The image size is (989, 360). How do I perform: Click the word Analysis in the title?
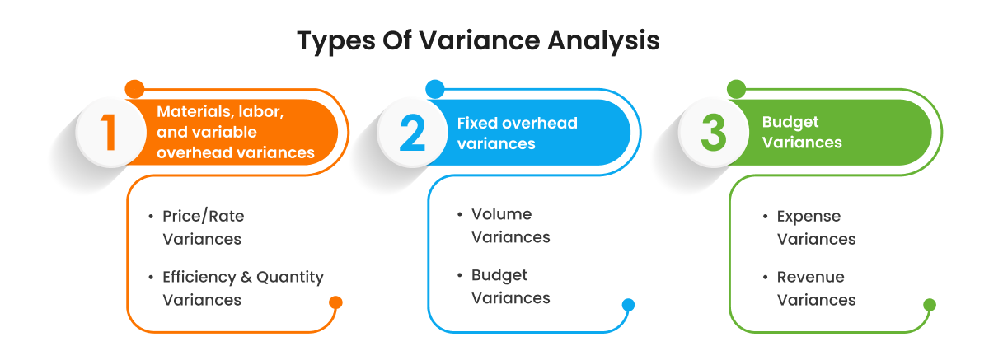(x=603, y=41)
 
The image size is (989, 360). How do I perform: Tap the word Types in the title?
(x=336, y=41)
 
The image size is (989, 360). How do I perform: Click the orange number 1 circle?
(x=110, y=133)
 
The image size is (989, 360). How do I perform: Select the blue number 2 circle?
(x=412, y=133)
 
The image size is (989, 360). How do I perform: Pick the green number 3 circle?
(x=714, y=133)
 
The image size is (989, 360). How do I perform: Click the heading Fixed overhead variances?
(x=517, y=133)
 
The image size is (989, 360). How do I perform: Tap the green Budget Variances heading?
(x=802, y=132)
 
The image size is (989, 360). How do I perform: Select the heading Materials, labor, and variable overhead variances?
(x=236, y=132)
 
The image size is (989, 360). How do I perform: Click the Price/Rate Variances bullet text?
(x=203, y=227)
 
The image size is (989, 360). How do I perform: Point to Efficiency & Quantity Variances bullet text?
(x=243, y=288)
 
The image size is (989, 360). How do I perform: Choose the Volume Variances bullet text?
(x=510, y=226)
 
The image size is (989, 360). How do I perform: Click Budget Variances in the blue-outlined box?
(x=510, y=287)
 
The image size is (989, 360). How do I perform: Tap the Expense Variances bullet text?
(x=816, y=227)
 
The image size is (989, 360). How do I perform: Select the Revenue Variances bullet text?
(x=816, y=288)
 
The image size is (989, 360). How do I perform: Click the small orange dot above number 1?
(x=134, y=89)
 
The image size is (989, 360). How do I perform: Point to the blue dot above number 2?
(x=435, y=89)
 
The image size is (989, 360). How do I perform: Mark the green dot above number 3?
(x=737, y=89)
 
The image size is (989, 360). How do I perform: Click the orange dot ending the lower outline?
(x=335, y=302)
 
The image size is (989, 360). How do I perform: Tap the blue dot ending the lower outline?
(x=628, y=305)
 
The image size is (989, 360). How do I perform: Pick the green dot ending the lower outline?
(x=930, y=305)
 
